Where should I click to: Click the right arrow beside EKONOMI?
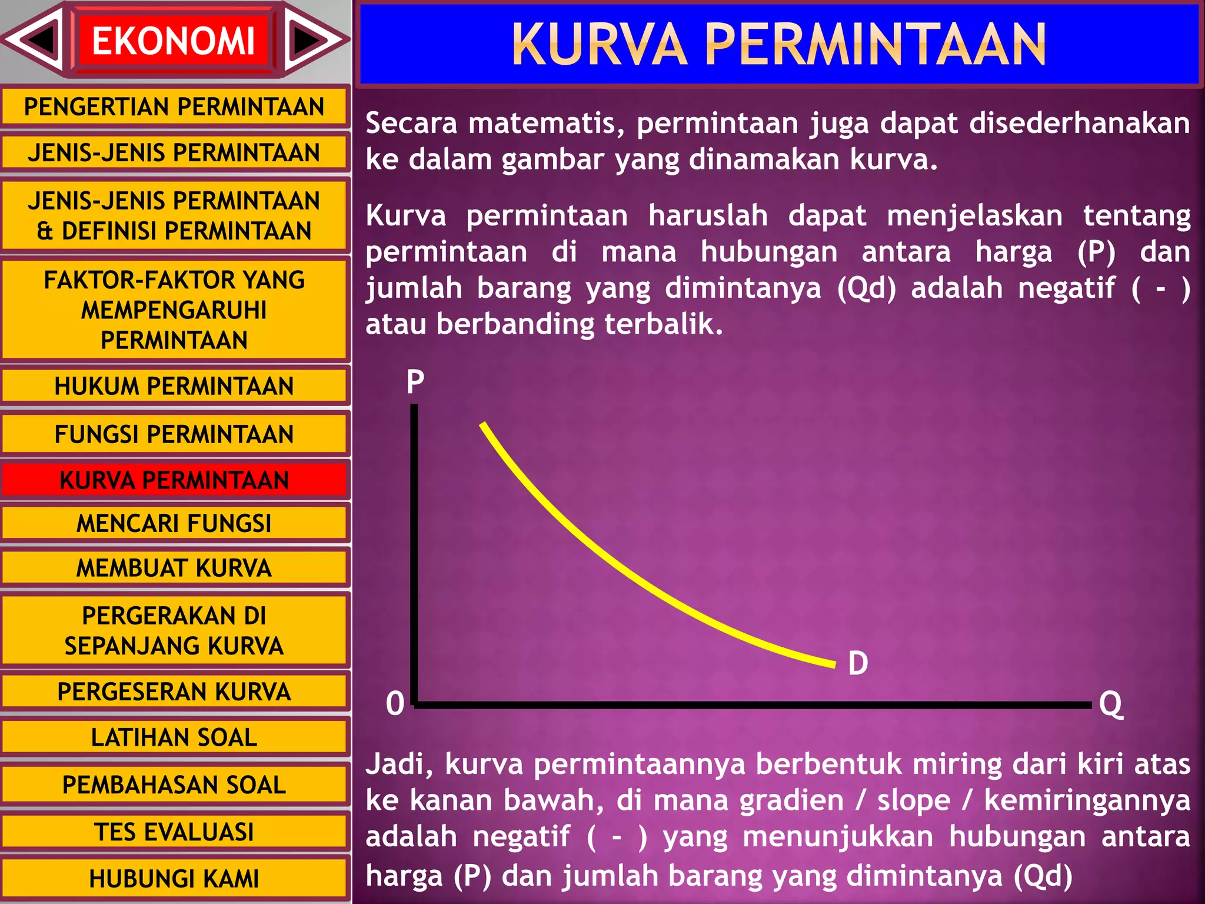pyautogui.click(x=312, y=40)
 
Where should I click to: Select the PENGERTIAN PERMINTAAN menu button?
pyautogui.click(x=174, y=107)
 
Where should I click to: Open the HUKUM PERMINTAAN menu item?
pyautogui.click(x=174, y=386)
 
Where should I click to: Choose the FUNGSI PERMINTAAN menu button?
pyautogui.click(x=174, y=434)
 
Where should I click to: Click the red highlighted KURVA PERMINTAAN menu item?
pyautogui.click(x=174, y=480)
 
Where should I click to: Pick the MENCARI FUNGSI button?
pyautogui.click(x=174, y=523)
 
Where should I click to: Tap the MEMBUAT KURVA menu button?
pyautogui.click(x=174, y=568)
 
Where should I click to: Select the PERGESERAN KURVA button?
pyautogui.click(x=174, y=692)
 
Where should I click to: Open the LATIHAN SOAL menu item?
pyautogui.click(x=174, y=737)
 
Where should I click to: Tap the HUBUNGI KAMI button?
pyautogui.click(x=174, y=879)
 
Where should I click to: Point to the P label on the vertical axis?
pyautogui.click(x=415, y=382)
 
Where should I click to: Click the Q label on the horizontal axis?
pyautogui.click(x=1111, y=704)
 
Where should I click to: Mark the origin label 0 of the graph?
pyautogui.click(x=395, y=704)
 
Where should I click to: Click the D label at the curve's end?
pyautogui.click(x=858, y=663)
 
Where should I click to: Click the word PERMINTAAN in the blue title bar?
pyautogui.click(x=875, y=44)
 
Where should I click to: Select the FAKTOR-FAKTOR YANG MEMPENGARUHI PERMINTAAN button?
pyautogui.click(x=174, y=310)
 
